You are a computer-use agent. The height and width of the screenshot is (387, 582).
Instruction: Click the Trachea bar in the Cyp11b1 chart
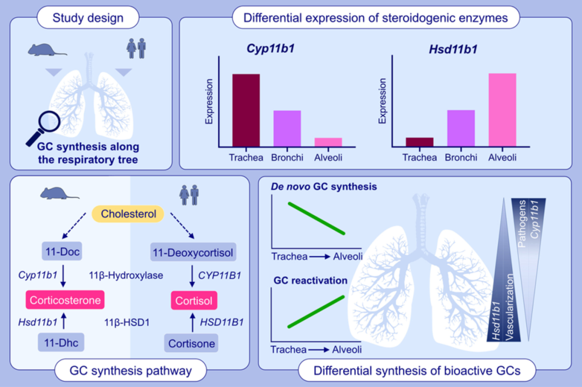click(246, 110)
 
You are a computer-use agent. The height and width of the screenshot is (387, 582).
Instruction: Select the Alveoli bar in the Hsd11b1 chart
click(502, 109)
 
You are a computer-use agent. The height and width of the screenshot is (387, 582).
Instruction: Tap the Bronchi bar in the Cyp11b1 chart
click(287, 128)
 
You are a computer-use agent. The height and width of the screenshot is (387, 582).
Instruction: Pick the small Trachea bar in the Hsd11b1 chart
click(419, 142)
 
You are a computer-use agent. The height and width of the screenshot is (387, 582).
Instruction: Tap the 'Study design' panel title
click(88, 18)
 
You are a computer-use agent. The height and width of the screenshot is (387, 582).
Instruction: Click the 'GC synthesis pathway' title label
click(130, 370)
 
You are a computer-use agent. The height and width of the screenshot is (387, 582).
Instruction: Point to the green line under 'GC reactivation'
click(316, 311)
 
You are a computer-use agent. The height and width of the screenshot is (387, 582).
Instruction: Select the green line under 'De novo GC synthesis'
click(316, 217)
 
